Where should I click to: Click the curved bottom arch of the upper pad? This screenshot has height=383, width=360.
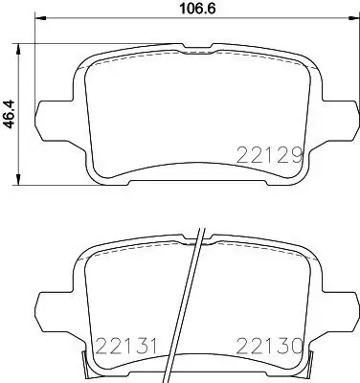(x=191, y=170)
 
